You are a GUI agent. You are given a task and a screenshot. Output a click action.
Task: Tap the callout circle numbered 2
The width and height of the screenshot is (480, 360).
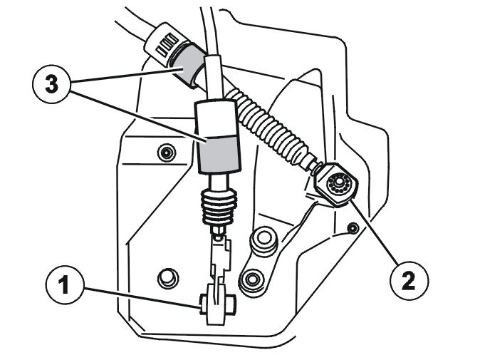pyautogui.click(x=409, y=280)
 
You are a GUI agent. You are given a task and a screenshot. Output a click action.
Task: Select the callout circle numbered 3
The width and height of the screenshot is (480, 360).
pyautogui.click(x=51, y=84)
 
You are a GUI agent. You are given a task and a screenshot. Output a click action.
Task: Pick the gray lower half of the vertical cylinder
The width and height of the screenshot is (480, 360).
pyautogui.click(x=219, y=153)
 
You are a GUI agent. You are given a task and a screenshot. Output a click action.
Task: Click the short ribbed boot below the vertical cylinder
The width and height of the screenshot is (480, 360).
pyautogui.click(x=219, y=205)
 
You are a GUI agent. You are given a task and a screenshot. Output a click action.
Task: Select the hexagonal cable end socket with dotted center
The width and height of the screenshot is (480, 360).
pyautogui.click(x=336, y=185)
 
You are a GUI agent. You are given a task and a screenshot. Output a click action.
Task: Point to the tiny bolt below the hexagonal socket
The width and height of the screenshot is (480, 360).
pyautogui.click(x=353, y=227)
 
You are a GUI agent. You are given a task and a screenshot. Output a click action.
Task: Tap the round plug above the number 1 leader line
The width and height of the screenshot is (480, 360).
pyautogui.click(x=168, y=278)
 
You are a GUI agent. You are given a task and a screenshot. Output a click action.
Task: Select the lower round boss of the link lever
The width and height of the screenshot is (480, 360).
pyautogui.click(x=251, y=279)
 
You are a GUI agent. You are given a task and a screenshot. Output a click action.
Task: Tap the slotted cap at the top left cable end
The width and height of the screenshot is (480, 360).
pyautogui.click(x=166, y=42)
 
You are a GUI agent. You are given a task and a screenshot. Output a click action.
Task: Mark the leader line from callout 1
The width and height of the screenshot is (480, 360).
pyautogui.click(x=141, y=297)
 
